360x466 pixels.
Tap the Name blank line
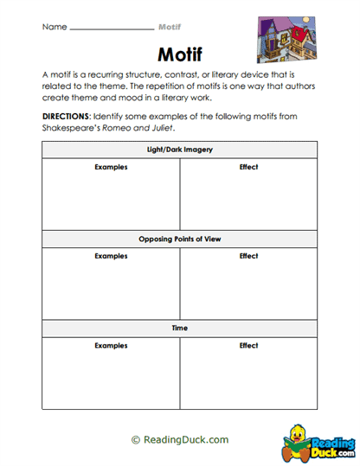(111, 29)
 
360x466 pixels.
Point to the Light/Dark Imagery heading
(180, 150)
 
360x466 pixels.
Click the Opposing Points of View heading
(180, 239)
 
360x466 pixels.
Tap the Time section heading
(180, 329)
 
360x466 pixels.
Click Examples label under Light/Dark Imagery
(111, 167)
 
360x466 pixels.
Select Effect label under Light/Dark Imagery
(248, 167)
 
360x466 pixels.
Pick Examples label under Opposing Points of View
(111, 256)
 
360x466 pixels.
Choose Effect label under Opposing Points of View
(248, 256)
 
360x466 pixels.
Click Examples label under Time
(111, 346)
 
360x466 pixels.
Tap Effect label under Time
(248, 346)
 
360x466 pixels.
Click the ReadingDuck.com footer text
(179, 439)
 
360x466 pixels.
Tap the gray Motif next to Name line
(171, 27)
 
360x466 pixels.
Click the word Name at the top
(54, 27)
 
